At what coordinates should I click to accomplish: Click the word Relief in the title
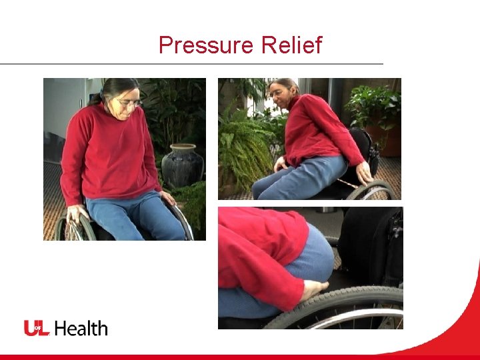tap(292, 45)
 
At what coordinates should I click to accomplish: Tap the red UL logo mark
tap(37, 328)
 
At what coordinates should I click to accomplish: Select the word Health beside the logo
tap(81, 328)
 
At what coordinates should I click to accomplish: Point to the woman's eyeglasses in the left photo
tap(129, 103)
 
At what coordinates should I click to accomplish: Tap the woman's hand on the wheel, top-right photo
tap(364, 173)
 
